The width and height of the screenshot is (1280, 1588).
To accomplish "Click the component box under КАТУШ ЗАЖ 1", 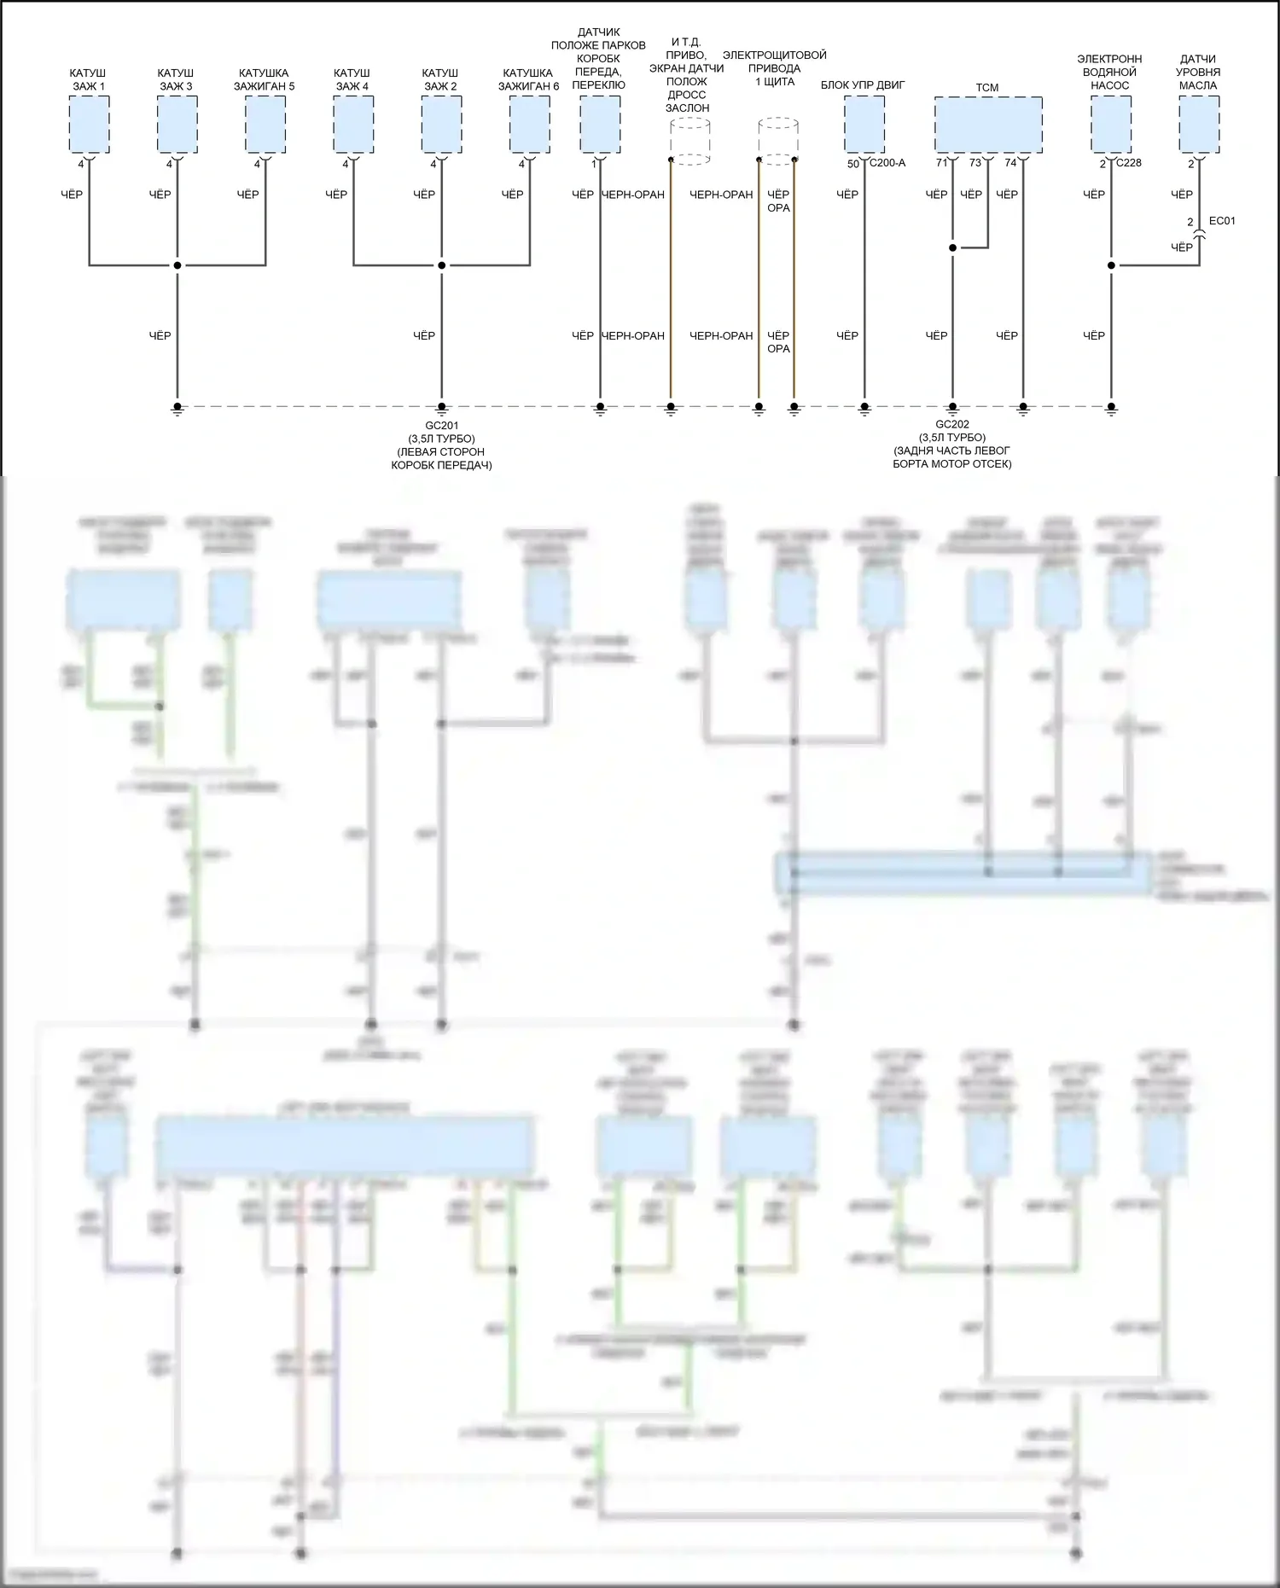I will pos(89,125).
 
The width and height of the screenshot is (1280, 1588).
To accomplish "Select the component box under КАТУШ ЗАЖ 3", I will pos(177,125).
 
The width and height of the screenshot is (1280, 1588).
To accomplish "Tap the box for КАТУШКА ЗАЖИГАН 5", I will pos(265,125).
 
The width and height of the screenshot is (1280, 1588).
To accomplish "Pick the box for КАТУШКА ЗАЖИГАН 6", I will pos(530,125).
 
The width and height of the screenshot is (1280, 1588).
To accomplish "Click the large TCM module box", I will pos(988,125).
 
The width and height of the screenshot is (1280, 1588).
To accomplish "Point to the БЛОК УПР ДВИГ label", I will pos(863,85).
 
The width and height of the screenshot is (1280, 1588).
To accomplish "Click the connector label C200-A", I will pos(887,163).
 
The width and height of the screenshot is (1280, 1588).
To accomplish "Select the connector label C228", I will pos(1128,163).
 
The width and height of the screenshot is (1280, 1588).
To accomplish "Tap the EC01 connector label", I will pos(1222,221).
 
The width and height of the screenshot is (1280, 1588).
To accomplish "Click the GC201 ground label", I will pos(442,425).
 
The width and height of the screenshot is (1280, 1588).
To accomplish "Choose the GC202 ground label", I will pos(952,424).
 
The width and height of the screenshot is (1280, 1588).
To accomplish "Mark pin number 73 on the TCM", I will pos(975,163).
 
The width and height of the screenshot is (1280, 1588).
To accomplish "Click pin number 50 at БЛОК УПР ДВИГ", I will pos(852,164).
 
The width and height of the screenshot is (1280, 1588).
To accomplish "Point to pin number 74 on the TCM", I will pos(1010,163).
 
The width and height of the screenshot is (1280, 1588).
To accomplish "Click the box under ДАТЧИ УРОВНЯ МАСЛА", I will pos(1199,125).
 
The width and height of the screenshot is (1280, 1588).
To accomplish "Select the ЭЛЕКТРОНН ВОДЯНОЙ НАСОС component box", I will pos(1111,125).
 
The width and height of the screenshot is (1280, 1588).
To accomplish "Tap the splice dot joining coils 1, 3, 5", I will pos(177,265).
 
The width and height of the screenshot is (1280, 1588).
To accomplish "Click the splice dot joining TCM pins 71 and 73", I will pos(952,248).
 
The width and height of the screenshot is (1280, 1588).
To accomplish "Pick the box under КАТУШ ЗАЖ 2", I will pos(442,125).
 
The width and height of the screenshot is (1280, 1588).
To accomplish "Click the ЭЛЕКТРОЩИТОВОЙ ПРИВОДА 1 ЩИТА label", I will pos(775,68).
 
